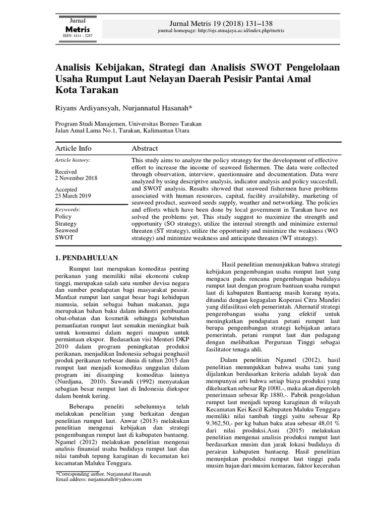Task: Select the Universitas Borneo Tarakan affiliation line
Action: (x=128, y=123)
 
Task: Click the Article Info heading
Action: (x=73, y=148)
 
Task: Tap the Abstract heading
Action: (x=145, y=148)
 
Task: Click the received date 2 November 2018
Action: (x=76, y=178)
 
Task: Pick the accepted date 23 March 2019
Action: (x=73, y=197)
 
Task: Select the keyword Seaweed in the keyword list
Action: (x=66, y=230)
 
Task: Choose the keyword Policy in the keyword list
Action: (x=63, y=216)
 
